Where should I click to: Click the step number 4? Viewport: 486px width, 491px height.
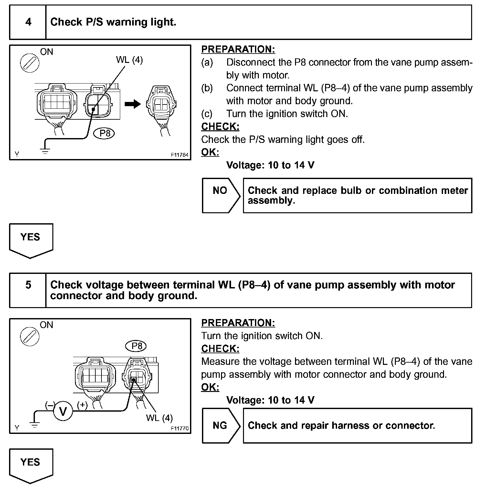click(28, 22)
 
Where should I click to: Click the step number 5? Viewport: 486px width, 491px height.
click(28, 285)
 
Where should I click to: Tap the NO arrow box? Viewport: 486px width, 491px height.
click(221, 195)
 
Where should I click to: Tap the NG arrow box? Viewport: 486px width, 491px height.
click(221, 426)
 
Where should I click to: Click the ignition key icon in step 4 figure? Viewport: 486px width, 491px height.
click(29, 63)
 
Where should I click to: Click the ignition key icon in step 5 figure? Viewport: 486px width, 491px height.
click(29, 336)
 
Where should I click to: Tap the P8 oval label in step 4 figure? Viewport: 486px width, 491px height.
click(105, 133)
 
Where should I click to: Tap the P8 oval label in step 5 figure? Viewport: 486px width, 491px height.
click(136, 346)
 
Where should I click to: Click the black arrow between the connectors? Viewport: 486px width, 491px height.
click(133, 104)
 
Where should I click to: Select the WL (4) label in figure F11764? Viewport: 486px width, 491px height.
click(129, 60)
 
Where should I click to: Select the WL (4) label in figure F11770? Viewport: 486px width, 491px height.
click(159, 418)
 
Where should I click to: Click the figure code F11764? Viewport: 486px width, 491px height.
click(180, 155)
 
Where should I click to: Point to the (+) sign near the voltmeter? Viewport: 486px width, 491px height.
click(82, 405)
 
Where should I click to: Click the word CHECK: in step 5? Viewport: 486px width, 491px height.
click(220, 348)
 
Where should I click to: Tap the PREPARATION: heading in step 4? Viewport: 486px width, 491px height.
click(238, 49)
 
